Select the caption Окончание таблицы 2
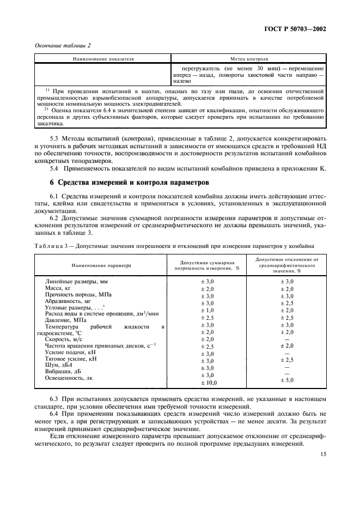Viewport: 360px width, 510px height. [x=62, y=45]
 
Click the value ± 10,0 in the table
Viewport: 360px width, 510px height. [x=208, y=383]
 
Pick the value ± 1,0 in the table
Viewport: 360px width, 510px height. [x=208, y=310]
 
